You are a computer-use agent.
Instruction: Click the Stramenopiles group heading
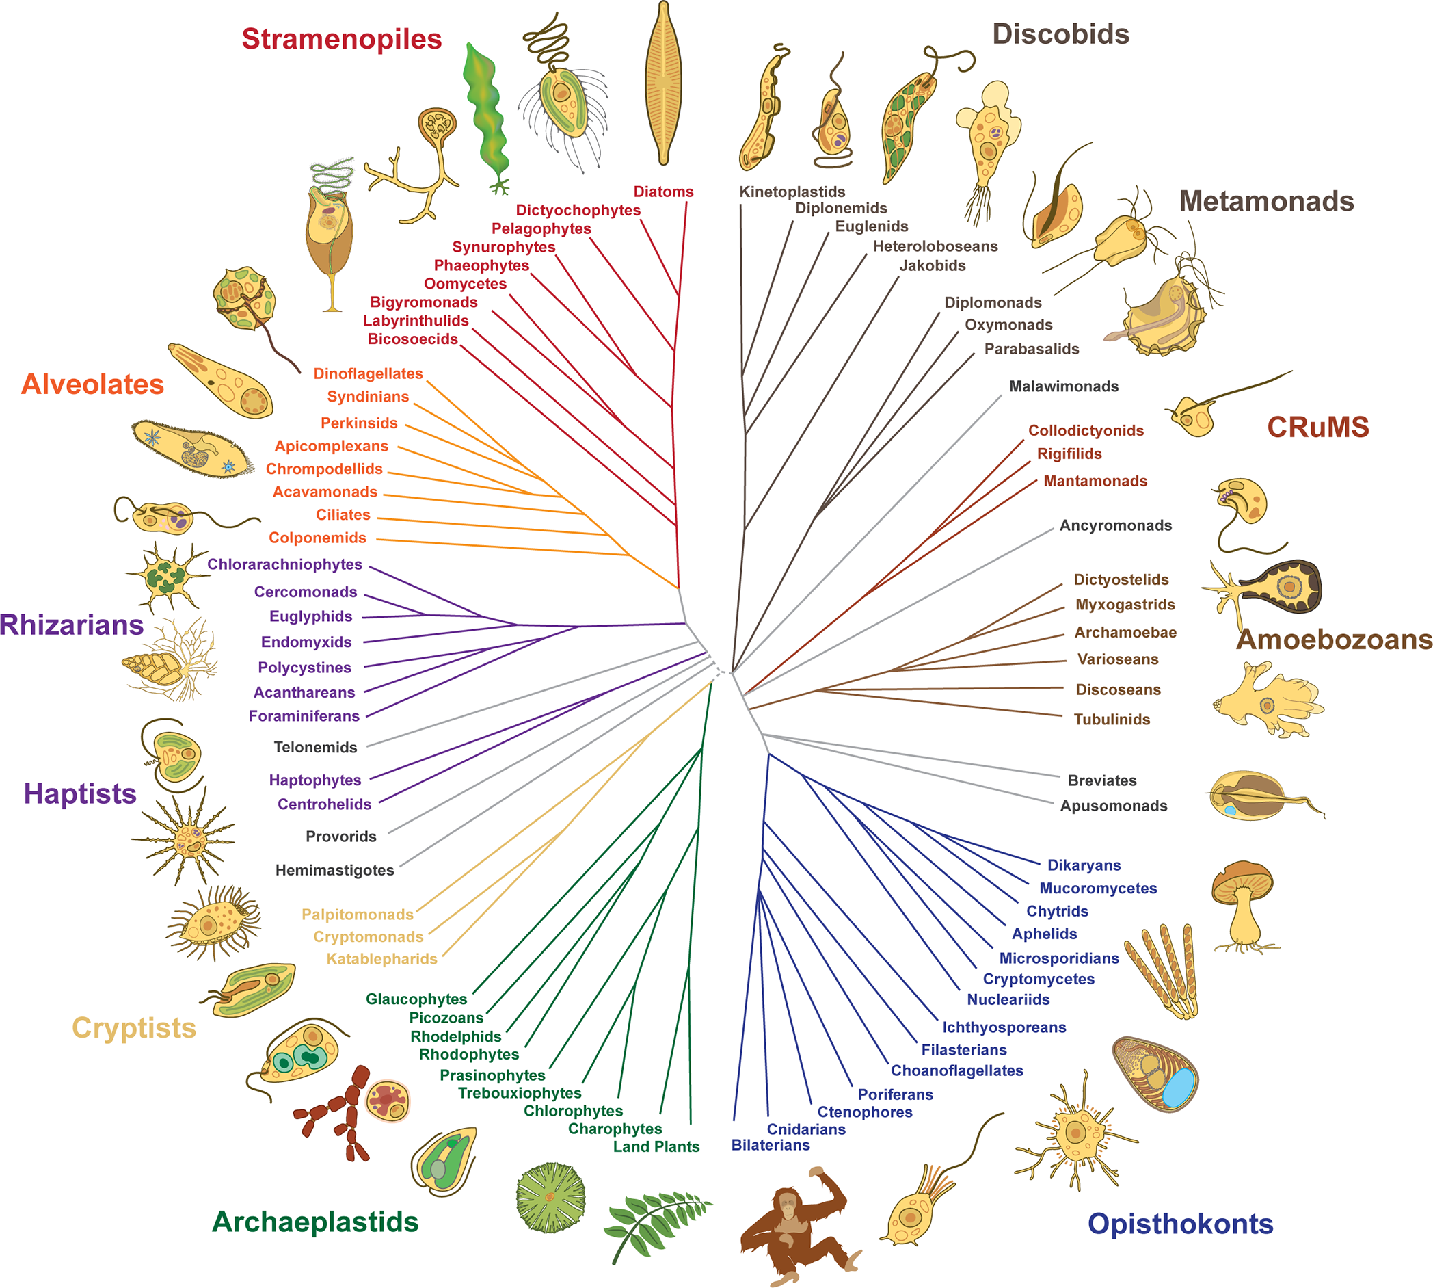pyautogui.click(x=342, y=39)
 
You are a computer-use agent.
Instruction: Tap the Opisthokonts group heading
pyautogui.click(x=1180, y=1224)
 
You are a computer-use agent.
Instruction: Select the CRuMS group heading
pyautogui.click(x=1317, y=427)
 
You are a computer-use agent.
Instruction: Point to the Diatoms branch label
pyautogui.click(x=662, y=192)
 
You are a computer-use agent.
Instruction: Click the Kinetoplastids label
pyautogui.click(x=792, y=192)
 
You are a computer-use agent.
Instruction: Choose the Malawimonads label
pyautogui.click(x=1063, y=386)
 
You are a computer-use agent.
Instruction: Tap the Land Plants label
pyautogui.click(x=656, y=1146)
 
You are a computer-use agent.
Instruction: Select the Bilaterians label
pyautogui.click(x=771, y=1145)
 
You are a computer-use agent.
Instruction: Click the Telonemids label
pyautogui.click(x=315, y=747)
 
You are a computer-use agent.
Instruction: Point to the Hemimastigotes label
pyautogui.click(x=334, y=870)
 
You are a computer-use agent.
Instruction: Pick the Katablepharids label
pyautogui.click(x=382, y=959)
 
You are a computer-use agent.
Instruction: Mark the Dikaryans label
pyautogui.click(x=1084, y=865)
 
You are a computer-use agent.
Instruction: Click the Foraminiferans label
pyautogui.click(x=304, y=716)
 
